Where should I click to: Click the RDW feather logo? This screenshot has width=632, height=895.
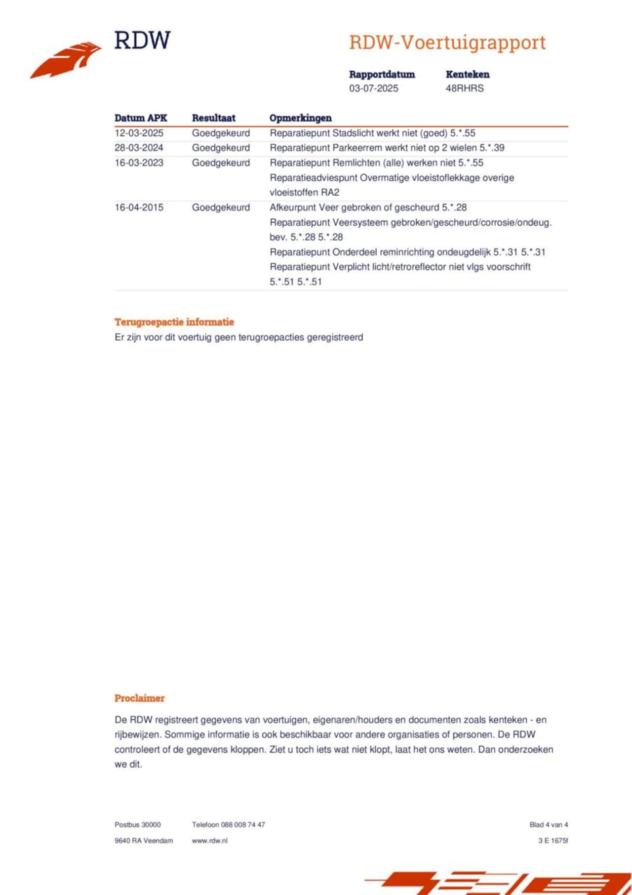pyautogui.click(x=66, y=60)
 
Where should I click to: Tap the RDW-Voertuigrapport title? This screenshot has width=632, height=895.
pyautogui.click(x=447, y=42)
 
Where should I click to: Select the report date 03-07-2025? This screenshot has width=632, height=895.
pyautogui.click(x=373, y=88)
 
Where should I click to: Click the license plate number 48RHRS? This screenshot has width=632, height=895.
pyautogui.click(x=465, y=88)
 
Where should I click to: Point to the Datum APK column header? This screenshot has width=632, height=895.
pyautogui.click(x=141, y=118)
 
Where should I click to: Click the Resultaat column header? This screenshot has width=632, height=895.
pyautogui.click(x=213, y=118)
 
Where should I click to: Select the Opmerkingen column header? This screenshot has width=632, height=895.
pyautogui.click(x=300, y=118)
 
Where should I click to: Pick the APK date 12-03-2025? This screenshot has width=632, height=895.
pyautogui.click(x=139, y=133)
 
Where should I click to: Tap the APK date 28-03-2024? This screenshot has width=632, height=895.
pyautogui.click(x=139, y=148)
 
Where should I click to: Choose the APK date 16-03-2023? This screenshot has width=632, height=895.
pyautogui.click(x=139, y=163)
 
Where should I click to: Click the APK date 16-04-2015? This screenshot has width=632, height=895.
pyautogui.click(x=139, y=207)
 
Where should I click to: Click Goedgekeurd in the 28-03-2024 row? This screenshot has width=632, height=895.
pyautogui.click(x=221, y=148)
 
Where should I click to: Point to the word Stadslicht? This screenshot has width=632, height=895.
pyautogui.click(x=353, y=133)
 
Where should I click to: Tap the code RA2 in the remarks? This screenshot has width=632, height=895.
pyautogui.click(x=330, y=192)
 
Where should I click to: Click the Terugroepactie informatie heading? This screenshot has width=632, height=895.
pyautogui.click(x=174, y=322)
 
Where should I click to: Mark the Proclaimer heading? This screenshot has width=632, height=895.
pyautogui.click(x=139, y=698)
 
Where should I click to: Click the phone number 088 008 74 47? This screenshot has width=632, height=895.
pyautogui.click(x=243, y=824)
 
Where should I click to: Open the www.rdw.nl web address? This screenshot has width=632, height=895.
pyautogui.click(x=210, y=840)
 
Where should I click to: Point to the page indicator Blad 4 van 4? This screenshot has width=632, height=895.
pyautogui.click(x=549, y=824)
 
